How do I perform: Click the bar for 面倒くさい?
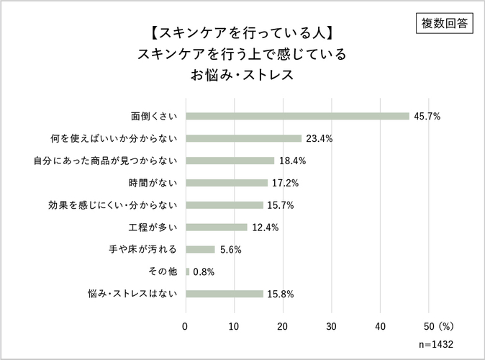[297, 116]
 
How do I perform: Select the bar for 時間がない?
[227, 183]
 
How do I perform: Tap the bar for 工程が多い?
[216, 228]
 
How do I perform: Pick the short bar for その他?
[188, 271]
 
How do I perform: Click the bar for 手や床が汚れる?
[200, 250]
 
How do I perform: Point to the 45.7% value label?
[426, 116]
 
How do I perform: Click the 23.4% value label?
[318, 138]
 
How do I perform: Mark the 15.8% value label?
[281, 294]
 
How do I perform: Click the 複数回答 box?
[443, 23]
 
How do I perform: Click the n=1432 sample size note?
[435, 344]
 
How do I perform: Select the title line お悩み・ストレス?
[242, 74]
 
